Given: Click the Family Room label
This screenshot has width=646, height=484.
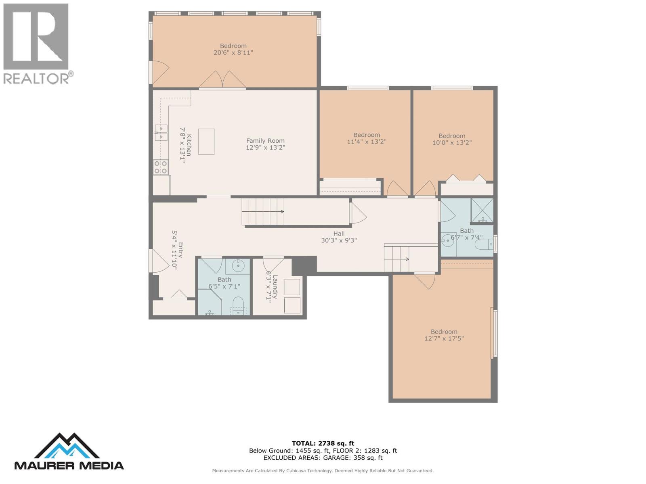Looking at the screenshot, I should coord(265,141).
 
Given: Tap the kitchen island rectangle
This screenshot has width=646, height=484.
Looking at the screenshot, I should coord(206,142).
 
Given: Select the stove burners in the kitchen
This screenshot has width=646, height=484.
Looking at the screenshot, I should coord(160,167).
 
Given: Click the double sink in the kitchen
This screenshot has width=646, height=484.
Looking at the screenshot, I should coord(161,133).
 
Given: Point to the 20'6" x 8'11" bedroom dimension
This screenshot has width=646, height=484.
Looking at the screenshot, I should coord(233,52).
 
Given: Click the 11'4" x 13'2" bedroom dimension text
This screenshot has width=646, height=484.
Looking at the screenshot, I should coord(367,142).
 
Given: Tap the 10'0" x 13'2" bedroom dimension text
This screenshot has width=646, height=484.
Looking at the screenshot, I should coord(452,142).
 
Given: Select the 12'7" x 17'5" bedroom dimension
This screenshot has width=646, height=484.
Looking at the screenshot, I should coord(444,338).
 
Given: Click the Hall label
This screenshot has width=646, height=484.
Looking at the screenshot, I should coord(339,234).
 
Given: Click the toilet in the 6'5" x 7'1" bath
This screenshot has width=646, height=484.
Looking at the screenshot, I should coord(238,303).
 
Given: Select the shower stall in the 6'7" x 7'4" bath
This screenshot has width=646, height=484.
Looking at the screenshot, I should coord(482,210).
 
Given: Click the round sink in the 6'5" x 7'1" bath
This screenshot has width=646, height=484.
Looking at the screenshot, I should coord(238,266).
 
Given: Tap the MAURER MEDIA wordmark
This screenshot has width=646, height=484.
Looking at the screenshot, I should coord(69,465).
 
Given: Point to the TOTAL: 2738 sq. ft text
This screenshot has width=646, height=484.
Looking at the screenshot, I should coord(323,443).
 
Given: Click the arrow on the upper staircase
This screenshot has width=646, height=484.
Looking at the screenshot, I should coord(281,211).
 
